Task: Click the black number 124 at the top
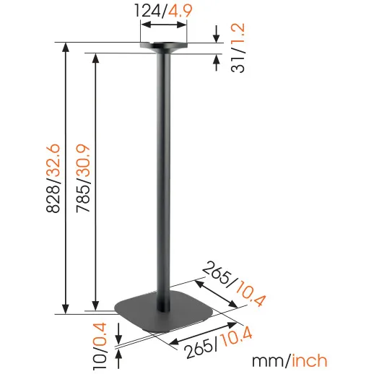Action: pos(148,11)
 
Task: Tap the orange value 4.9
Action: pos(180,11)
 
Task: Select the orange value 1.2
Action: pos(238,34)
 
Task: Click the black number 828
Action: pos(53,199)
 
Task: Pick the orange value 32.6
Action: pos(53,160)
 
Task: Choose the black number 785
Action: pos(83,199)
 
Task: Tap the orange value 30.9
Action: pos(83,161)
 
